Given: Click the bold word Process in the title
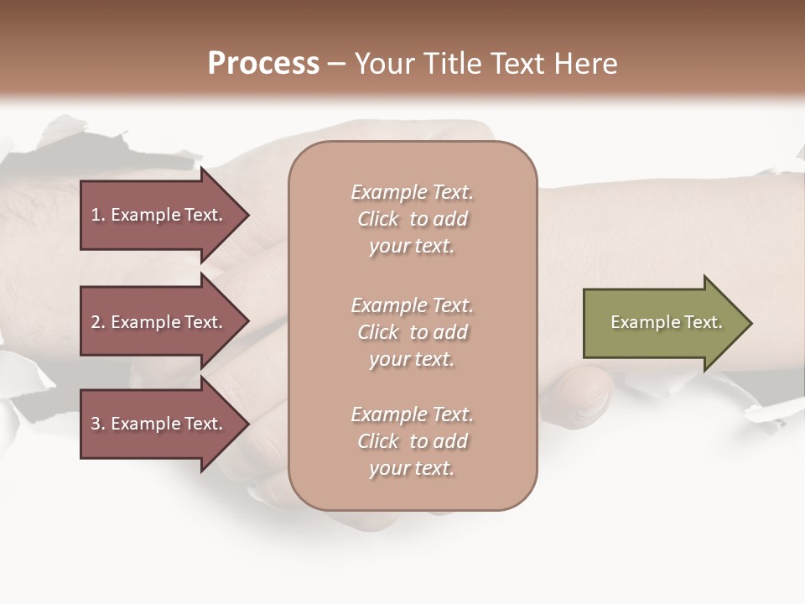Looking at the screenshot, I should coord(263,64).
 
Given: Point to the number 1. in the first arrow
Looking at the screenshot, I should coord(98,215).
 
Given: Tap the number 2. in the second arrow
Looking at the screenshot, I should coord(98,322).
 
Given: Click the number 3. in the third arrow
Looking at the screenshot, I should coord(98,424).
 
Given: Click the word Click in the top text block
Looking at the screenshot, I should coord(378,220).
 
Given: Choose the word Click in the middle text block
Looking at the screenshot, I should coord(378,333).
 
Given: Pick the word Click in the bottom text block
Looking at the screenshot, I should coord(378,442).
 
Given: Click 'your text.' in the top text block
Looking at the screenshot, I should coord(412,247).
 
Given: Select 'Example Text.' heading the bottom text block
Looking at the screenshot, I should coord(412,414).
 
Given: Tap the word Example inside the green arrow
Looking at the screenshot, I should coord(638,322).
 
